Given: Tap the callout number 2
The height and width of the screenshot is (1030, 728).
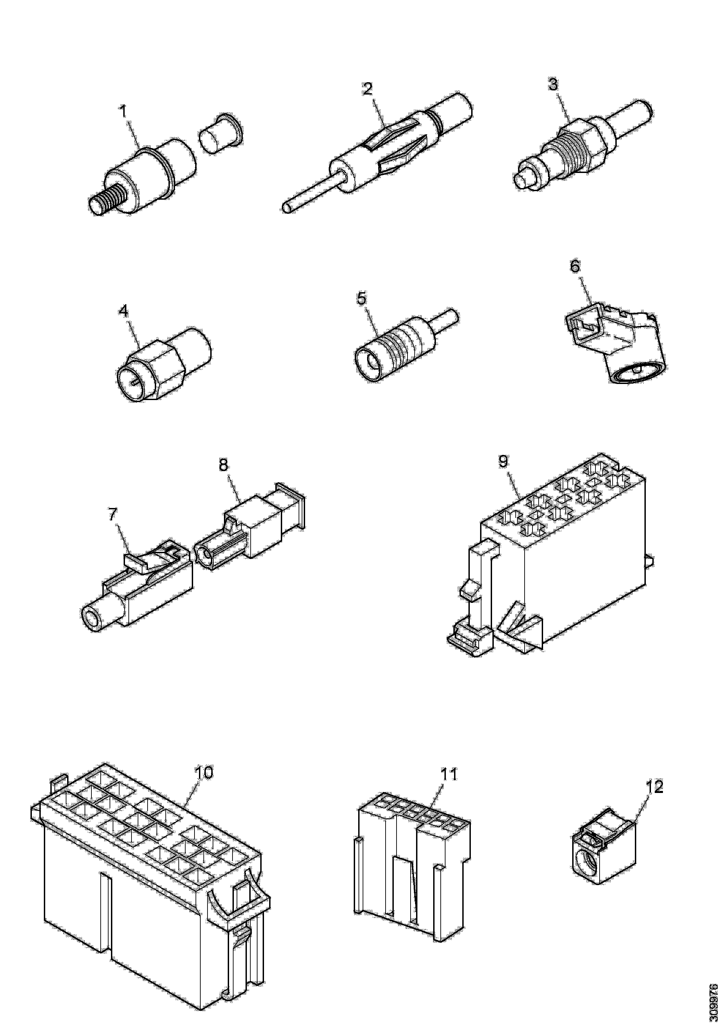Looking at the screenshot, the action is click(x=367, y=89).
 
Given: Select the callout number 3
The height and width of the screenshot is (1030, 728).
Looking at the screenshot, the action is click(x=553, y=84).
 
